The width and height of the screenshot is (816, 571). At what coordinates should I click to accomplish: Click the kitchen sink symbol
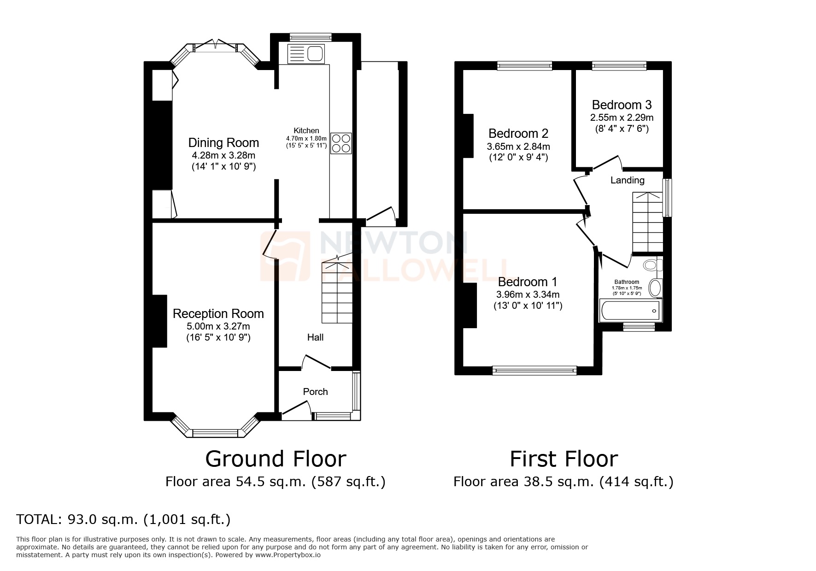point(306,54)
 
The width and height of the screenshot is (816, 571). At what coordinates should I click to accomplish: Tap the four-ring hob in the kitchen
point(341,143)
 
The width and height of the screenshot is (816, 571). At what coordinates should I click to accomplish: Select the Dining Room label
point(223,143)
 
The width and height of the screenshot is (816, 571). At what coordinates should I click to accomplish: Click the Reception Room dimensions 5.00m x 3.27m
point(218,326)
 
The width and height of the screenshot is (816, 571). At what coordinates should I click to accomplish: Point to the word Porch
point(315,392)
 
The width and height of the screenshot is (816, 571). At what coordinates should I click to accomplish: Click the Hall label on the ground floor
point(315,337)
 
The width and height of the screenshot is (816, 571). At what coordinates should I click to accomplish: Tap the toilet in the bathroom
point(652,265)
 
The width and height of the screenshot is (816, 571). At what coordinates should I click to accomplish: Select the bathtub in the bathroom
point(630,311)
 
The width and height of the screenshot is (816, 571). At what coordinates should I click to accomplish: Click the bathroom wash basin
point(655,288)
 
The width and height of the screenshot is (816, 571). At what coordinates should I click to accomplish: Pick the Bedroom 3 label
point(622,105)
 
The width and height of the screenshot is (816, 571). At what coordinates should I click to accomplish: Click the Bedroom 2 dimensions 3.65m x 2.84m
point(518,147)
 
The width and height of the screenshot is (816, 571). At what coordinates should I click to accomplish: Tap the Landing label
point(627,180)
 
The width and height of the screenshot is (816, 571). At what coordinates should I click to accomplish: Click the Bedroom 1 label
point(528,282)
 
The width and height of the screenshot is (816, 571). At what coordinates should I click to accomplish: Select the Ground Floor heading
point(276,459)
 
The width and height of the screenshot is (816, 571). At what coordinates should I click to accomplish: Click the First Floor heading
point(564,459)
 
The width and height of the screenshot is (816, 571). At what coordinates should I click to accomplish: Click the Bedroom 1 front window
point(534,370)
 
